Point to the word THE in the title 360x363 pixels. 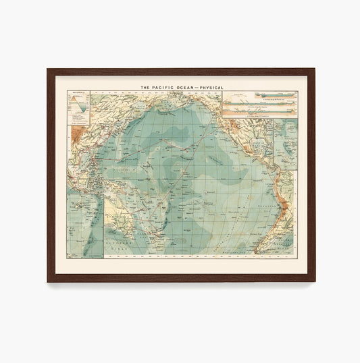pos(145,87)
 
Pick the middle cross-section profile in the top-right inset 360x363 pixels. pos(259,106)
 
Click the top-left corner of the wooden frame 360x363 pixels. pos(49,70)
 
